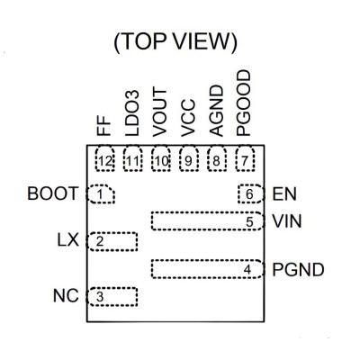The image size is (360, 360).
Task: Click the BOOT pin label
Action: click(53, 193)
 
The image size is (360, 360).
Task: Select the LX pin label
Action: click(68, 240)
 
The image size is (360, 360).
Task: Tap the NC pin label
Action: click(66, 296)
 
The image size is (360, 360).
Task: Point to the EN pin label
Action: click(284, 194)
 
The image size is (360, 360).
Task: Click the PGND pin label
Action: click(298, 270)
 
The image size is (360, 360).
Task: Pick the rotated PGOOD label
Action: click(243, 103)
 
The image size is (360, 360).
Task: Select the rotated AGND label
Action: click(217, 111)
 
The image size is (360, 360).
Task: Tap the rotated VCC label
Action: click(188, 118)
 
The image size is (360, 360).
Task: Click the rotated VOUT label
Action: click(159, 112)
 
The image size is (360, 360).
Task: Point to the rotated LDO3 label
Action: click(132, 113)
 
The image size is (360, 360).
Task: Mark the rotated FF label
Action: click(104, 126)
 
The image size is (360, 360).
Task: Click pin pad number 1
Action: click(101, 194)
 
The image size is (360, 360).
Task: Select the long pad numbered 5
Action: click(208, 221)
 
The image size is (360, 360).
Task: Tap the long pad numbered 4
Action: click(208, 269)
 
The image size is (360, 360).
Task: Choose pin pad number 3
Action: click(112, 297)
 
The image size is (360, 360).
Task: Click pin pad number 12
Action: click(105, 159)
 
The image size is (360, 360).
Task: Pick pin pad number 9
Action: click(189, 159)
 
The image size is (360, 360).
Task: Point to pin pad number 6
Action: click(251, 194)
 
